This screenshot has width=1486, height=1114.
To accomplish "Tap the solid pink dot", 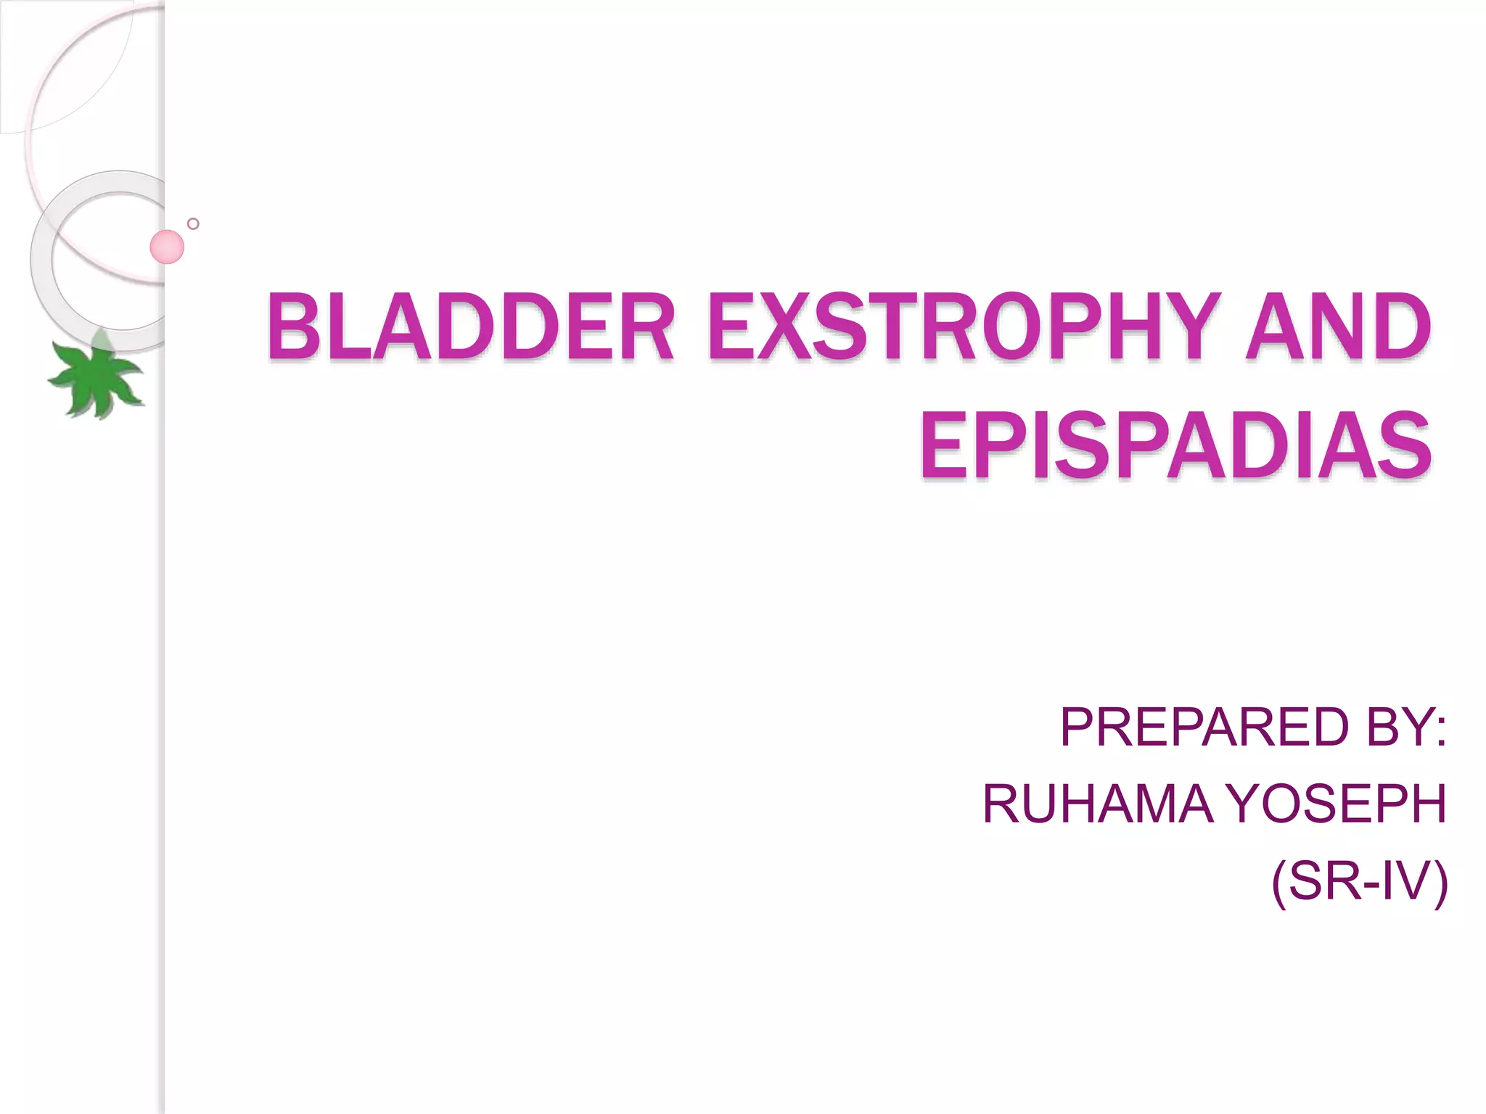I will click(x=167, y=247).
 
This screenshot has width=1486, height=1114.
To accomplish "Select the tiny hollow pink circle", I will click(x=193, y=223).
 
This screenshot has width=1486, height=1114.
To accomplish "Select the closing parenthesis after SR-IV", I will click(x=1440, y=883).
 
